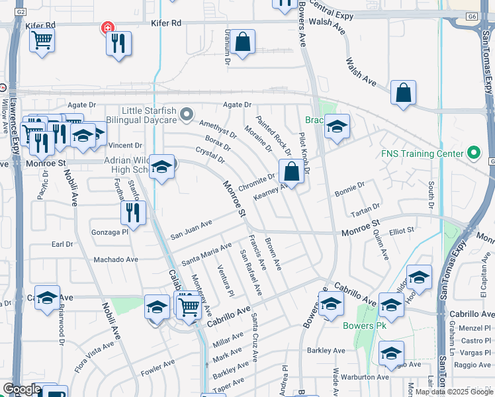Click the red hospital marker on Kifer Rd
pos(106,28)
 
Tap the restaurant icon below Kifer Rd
pos(118,44)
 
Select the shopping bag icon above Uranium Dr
pos(244,42)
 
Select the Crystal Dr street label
pos(210,155)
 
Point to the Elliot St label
pos(401,230)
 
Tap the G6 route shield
pos(471,15)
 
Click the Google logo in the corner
pos(22,389)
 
